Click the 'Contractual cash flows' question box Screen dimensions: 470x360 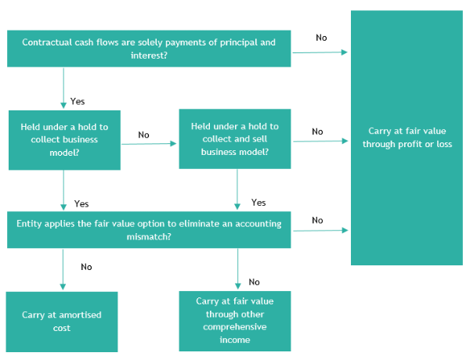click(149, 49)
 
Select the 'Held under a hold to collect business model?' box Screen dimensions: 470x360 click(64, 140)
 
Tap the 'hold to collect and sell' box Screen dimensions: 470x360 click(235, 139)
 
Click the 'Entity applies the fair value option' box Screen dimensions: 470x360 click(149, 230)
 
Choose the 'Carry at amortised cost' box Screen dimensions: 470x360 click(62, 322)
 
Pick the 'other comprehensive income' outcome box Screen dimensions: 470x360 click(235, 321)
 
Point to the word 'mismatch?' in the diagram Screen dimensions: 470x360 click(149, 237)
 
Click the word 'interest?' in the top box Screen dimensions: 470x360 click(149, 56)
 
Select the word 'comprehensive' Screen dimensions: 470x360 click(235, 327)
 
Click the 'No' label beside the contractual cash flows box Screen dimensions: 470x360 click(321, 38)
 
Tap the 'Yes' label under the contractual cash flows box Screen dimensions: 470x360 click(78, 101)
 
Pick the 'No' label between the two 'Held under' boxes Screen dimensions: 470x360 click(143, 135)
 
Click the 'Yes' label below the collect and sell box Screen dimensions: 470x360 click(258, 203)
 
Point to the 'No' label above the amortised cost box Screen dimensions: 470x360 click(86, 267)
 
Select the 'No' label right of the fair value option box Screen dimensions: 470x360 click(317, 221)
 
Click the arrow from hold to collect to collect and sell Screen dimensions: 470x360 click(149, 144)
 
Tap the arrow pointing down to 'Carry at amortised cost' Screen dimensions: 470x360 click(63, 269)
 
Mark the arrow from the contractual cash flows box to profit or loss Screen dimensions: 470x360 click(320, 52)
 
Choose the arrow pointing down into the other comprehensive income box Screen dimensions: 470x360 click(237, 268)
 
